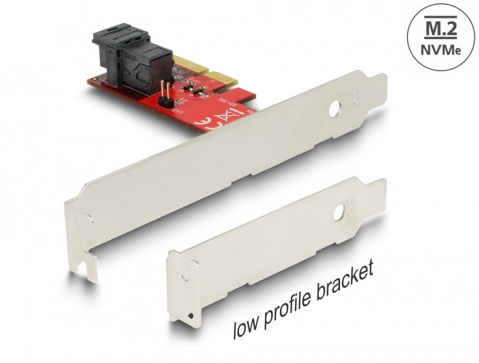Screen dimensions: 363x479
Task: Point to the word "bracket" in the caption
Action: [x=346, y=278]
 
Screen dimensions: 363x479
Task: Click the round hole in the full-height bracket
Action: [x=335, y=108]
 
